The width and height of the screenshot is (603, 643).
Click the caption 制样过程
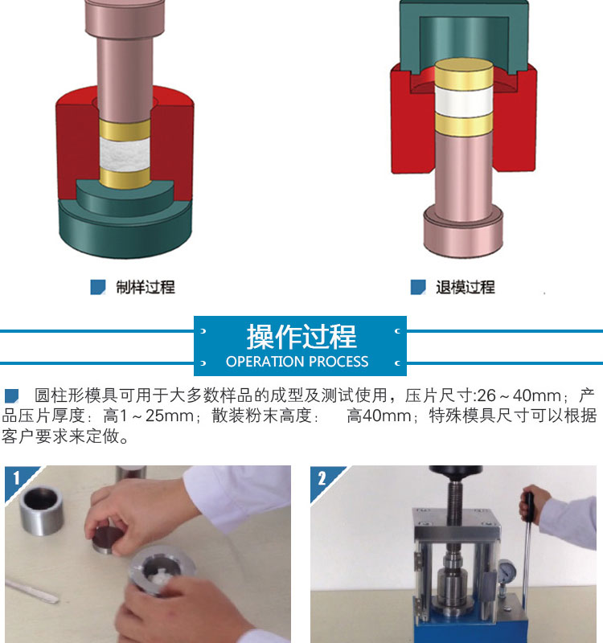coord(146,287)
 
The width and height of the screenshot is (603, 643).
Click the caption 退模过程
coord(466,287)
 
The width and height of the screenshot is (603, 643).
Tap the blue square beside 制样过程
coord(97,287)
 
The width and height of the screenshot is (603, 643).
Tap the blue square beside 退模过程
coord(418,287)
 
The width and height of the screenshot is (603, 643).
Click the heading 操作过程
coord(301,337)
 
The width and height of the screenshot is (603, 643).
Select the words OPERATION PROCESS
coord(297,361)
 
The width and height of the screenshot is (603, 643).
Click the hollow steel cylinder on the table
coord(42,510)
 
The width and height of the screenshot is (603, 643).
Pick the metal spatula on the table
coord(31,592)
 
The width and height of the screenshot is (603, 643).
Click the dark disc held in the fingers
coord(108,539)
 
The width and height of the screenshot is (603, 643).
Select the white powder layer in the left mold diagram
coord(125,154)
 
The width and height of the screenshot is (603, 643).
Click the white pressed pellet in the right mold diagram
coord(464,101)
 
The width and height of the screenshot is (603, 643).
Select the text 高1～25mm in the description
coord(149,416)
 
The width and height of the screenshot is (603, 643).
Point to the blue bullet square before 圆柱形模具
coord(11,395)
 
